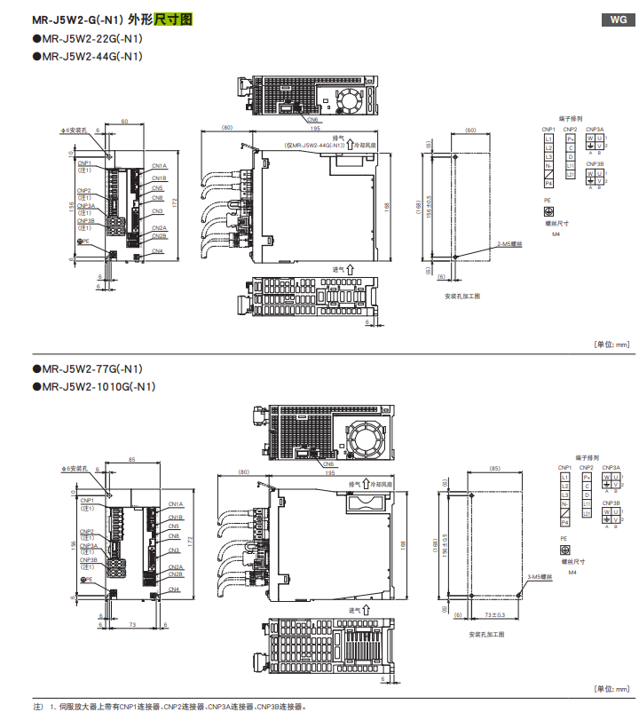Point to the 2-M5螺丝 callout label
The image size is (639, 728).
[x=509, y=242]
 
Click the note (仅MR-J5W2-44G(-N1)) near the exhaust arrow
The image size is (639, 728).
[x=314, y=145]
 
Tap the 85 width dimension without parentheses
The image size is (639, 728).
[x=131, y=460]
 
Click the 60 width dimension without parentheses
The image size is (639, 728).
[x=124, y=121]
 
